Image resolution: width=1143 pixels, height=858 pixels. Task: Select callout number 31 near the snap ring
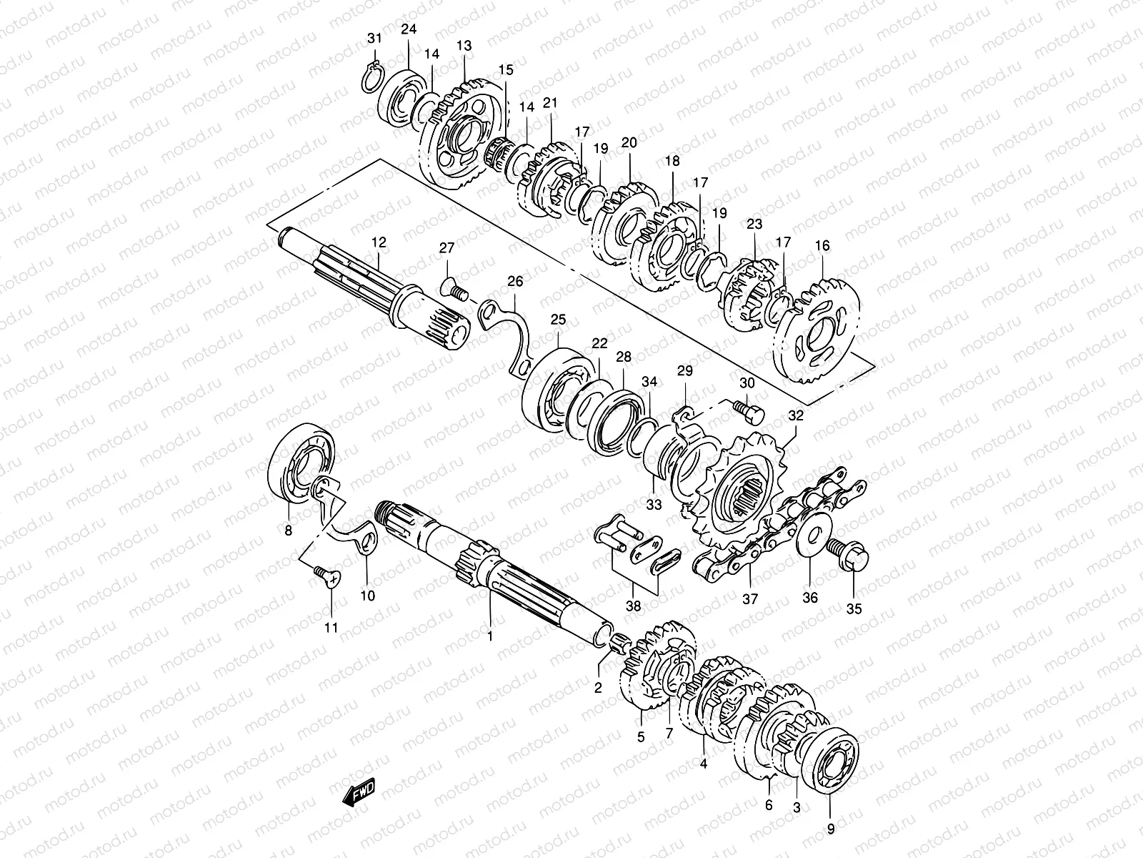coord(375,37)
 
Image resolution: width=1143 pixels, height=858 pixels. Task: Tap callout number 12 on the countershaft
coord(378,243)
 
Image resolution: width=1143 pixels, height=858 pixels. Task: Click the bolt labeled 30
coord(749,410)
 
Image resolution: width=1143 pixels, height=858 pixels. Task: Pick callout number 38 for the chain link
coord(634,606)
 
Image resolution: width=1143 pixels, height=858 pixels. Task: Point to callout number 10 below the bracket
coord(367,595)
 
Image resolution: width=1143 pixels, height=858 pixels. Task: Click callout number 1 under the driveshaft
coord(490,636)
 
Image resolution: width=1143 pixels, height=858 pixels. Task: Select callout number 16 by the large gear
coord(822,245)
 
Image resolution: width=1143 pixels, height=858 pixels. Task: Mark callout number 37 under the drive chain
coord(750,598)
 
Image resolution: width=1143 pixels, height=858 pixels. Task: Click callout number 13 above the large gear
coord(464,46)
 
